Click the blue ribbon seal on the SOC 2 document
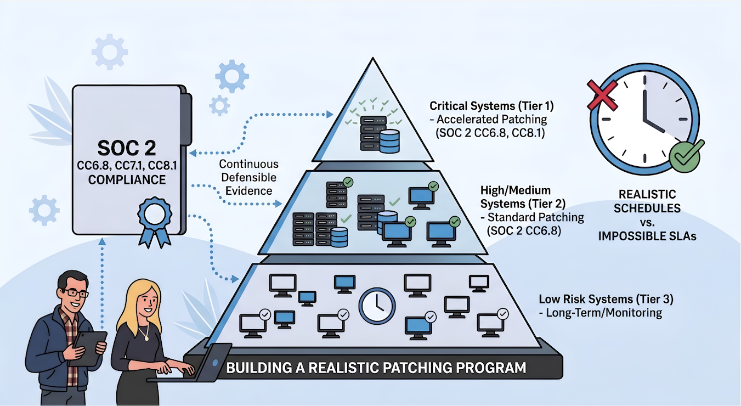pyautogui.click(x=151, y=219)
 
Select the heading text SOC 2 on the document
pyautogui.click(x=127, y=148)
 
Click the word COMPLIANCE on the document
pyautogui.click(x=127, y=179)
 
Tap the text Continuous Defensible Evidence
pyautogui.click(x=248, y=177)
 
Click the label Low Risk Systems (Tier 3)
pyautogui.click(x=606, y=300)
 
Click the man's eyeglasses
pyautogui.click(x=74, y=293)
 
